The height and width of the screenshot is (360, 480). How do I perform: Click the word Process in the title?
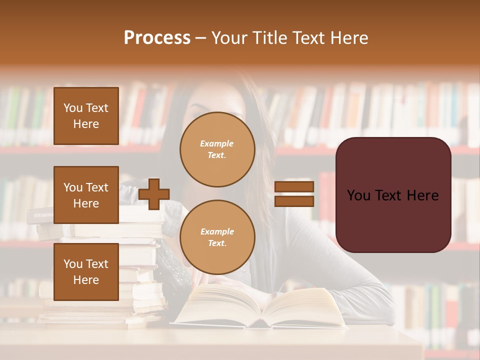pyautogui.click(x=157, y=38)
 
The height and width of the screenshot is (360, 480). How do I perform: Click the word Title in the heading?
pyautogui.click(x=270, y=38)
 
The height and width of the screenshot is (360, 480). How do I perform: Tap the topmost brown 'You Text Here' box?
pyautogui.click(x=86, y=116)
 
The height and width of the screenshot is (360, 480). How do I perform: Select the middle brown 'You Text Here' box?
pyautogui.click(x=86, y=195)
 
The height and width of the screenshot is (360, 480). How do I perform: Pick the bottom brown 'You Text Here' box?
pyautogui.click(x=86, y=272)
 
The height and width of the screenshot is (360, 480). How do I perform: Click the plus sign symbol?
pyautogui.click(x=154, y=194)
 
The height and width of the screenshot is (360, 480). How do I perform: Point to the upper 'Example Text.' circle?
pyautogui.click(x=217, y=149)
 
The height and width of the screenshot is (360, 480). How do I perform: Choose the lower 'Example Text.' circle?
pyautogui.click(x=217, y=237)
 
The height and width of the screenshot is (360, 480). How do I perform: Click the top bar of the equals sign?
pyautogui.click(x=294, y=187)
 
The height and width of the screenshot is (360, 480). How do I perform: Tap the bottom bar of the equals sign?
pyautogui.click(x=294, y=201)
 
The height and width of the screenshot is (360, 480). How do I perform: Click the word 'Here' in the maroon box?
pyautogui.click(x=422, y=195)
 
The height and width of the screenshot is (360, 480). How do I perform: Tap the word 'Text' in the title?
pyautogui.click(x=310, y=38)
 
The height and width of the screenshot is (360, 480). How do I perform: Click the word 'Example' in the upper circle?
pyautogui.click(x=216, y=144)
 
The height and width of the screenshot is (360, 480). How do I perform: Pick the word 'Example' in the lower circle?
pyautogui.click(x=217, y=232)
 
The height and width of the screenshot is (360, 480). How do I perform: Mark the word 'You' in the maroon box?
pyautogui.click(x=358, y=195)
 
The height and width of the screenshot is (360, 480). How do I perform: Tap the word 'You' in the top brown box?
pyautogui.click(x=72, y=108)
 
